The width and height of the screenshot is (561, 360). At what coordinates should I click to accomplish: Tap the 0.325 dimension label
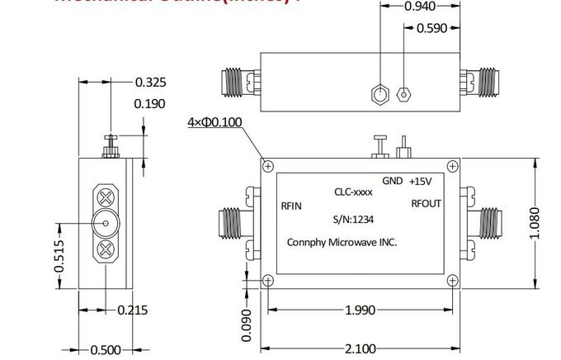click(150, 82)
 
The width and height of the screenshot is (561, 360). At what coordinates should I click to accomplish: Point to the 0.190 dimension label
click(150, 103)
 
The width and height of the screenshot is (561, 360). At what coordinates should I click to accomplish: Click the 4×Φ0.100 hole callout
click(214, 123)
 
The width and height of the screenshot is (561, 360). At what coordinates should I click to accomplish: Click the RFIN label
click(291, 207)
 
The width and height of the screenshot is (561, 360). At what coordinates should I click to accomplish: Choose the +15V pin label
click(422, 181)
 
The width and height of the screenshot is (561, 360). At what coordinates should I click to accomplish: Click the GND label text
click(392, 181)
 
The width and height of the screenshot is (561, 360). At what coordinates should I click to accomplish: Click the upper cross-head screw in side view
click(106, 197)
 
